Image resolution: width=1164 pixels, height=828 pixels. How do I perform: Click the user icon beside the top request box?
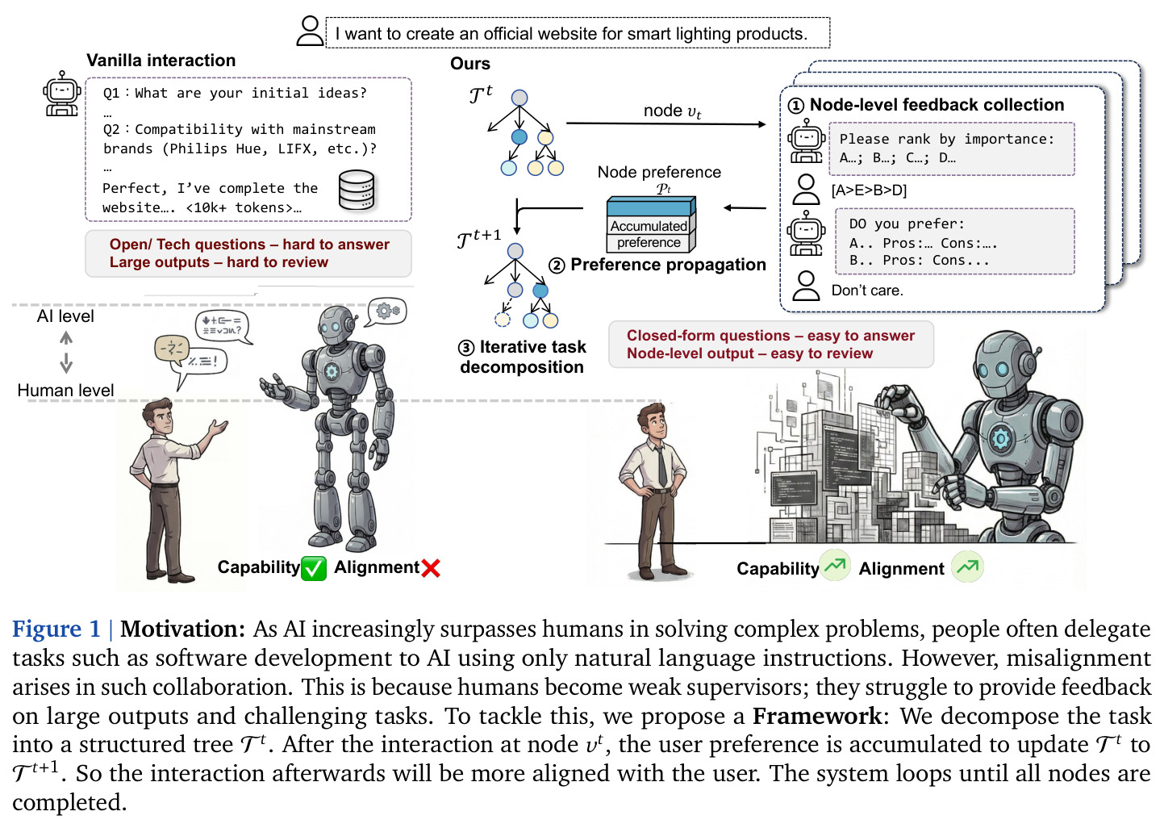[x=311, y=31]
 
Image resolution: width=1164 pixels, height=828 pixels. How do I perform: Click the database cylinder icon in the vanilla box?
[x=357, y=190]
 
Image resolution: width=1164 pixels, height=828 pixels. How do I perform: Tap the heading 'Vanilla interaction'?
[x=161, y=61]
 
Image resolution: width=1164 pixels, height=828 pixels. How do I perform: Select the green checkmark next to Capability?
[x=313, y=567]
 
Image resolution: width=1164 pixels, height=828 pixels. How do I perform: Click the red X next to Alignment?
[x=431, y=568]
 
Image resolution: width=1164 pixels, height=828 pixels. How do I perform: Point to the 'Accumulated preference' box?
[x=651, y=224]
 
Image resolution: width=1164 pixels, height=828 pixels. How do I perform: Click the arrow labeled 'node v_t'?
[x=665, y=123]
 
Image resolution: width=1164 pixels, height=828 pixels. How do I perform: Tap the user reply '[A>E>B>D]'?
[x=869, y=190]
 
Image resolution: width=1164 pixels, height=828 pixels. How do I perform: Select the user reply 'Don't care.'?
[x=867, y=290]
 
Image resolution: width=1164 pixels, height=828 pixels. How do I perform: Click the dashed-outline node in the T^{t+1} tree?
[x=502, y=319]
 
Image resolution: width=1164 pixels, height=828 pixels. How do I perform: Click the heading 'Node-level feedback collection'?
[x=937, y=105]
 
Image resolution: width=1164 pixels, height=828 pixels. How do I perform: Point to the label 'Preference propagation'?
[x=668, y=265]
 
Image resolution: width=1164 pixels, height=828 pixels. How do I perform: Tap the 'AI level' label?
[x=65, y=316]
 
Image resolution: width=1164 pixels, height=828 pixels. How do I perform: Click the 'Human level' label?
[x=65, y=391]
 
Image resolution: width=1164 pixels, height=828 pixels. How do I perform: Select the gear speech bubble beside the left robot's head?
[x=386, y=312]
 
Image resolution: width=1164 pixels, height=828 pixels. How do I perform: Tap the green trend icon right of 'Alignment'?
[x=967, y=567]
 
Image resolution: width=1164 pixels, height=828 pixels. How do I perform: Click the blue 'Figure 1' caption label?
[x=56, y=629]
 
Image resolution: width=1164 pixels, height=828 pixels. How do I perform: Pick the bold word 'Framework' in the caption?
[x=817, y=717]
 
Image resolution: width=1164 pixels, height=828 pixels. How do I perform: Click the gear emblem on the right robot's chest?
[x=1000, y=439]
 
